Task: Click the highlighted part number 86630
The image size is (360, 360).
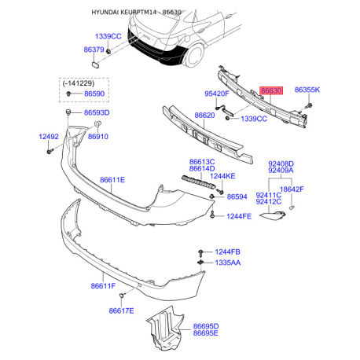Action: click(271, 90)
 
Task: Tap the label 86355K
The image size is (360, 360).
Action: click(307, 90)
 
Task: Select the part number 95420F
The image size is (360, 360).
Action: click(217, 94)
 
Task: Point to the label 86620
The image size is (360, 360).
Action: click(204, 116)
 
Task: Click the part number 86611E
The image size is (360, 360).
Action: click(112, 180)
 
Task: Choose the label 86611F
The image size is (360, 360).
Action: click(103, 286)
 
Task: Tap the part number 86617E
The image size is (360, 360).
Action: click(121, 310)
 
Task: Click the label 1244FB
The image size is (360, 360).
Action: click(227, 252)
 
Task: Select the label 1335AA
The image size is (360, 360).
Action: click(228, 263)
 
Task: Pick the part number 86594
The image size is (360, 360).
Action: click(237, 197)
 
